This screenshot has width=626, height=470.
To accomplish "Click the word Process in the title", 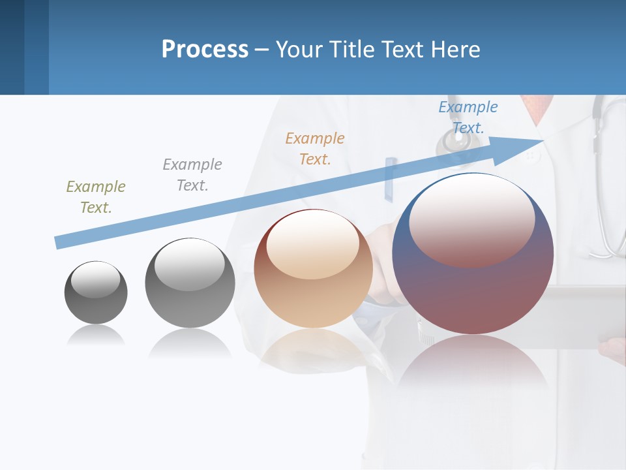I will [205, 49].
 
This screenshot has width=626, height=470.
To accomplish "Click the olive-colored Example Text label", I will [96, 197].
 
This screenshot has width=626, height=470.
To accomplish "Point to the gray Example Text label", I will [192, 175].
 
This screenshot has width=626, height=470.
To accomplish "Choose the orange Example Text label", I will [315, 148].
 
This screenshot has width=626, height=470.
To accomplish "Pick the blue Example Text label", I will [468, 117].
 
